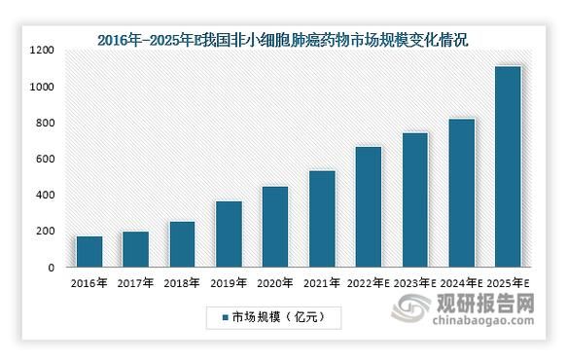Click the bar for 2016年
[89, 251]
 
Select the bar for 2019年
[229, 234]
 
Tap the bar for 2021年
[322, 218]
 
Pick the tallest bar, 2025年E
[508, 166]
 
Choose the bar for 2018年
[182, 243]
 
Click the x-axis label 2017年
[135, 282]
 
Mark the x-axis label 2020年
[275, 282]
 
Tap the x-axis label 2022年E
[368, 282]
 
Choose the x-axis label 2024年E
[461, 282]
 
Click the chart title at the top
[282, 39]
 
